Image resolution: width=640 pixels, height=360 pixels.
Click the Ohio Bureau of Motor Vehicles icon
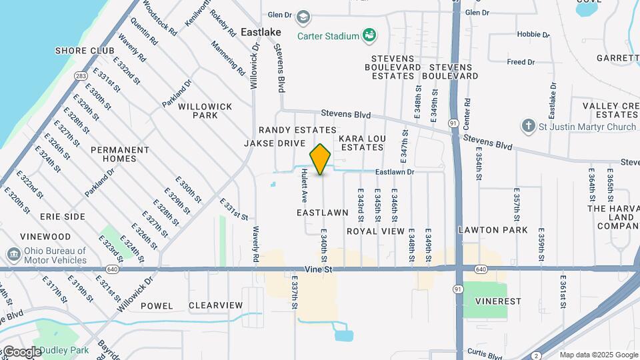click(x=13, y=255)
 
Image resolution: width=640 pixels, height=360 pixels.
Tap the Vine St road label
click(x=319, y=269)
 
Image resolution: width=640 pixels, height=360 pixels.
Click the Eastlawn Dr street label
click(x=395, y=172)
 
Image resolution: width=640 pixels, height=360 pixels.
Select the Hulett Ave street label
click(x=304, y=185)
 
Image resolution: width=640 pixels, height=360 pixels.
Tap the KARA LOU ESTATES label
click(x=362, y=143)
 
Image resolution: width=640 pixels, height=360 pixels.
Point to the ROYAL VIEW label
click(x=375, y=231)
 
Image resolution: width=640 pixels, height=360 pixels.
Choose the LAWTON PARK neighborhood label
click(x=493, y=230)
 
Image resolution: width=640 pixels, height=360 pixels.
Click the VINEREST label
click(x=499, y=301)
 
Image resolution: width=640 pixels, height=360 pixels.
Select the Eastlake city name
click(x=261, y=32)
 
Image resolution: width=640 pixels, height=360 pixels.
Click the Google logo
click(x=22, y=351)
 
